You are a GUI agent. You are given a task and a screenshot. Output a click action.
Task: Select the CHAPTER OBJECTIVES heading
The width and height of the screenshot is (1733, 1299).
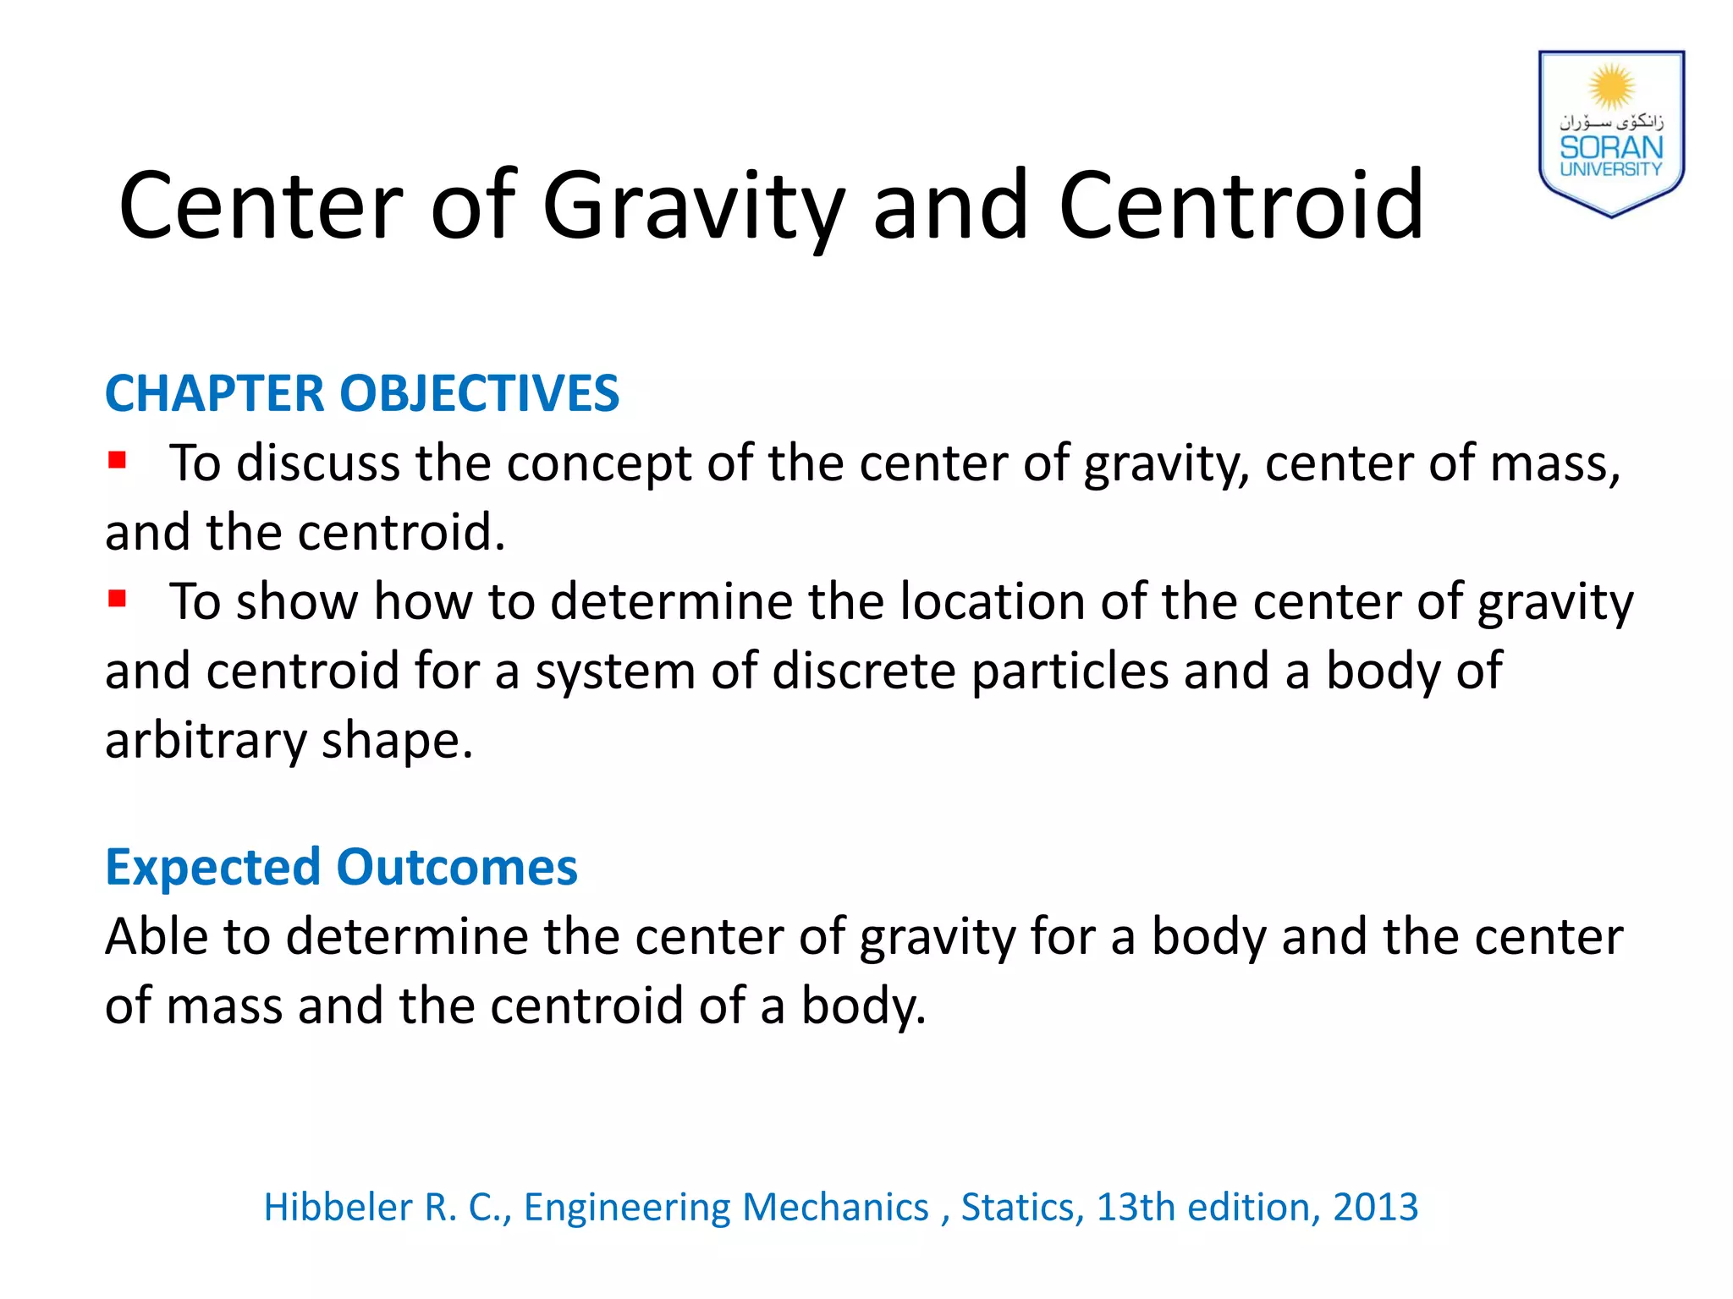pyautogui.click(x=362, y=393)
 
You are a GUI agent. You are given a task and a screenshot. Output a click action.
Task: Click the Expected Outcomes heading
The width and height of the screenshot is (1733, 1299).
pyautogui.click(x=341, y=868)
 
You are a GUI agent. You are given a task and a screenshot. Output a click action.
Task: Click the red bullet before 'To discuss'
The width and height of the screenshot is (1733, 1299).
pyautogui.click(x=117, y=461)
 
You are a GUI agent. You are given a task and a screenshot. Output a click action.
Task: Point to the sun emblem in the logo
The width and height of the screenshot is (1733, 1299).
pyautogui.click(x=1611, y=86)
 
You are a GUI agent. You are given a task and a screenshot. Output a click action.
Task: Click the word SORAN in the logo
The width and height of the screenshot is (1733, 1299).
pyautogui.click(x=1611, y=148)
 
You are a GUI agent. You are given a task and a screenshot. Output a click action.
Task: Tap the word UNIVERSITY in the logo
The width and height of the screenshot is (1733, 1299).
pyautogui.click(x=1611, y=169)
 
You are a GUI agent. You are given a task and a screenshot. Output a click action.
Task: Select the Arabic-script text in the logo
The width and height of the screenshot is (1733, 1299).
pyautogui.click(x=1611, y=122)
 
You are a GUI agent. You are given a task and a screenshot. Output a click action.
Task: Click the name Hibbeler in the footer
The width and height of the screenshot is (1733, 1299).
pyautogui.click(x=338, y=1207)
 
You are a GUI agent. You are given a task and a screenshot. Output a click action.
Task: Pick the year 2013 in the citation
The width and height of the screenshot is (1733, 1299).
pyautogui.click(x=1375, y=1207)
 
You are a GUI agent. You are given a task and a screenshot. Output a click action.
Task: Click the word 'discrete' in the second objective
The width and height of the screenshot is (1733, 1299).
pyautogui.click(x=863, y=671)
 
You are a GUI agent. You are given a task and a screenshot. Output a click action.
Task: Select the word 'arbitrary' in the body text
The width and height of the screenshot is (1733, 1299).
pyautogui.click(x=206, y=741)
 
